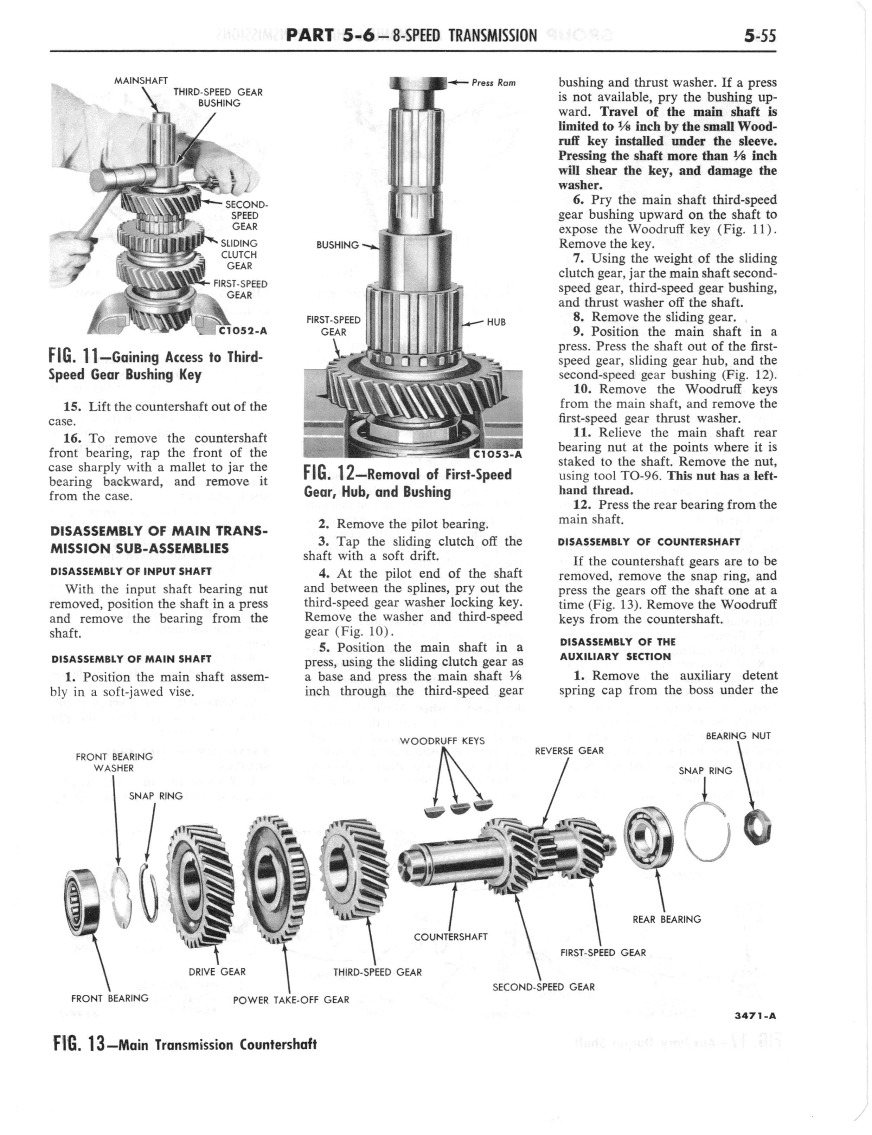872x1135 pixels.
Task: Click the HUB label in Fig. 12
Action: tap(496, 322)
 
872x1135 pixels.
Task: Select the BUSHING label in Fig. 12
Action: tap(338, 245)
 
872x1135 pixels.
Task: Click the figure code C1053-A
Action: tap(498, 454)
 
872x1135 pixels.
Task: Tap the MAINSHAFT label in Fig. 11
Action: tap(141, 80)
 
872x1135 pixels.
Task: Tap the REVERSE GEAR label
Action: tap(569, 750)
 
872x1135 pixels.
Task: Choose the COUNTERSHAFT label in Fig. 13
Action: tap(450, 936)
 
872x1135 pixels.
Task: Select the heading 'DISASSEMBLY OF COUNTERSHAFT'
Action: tap(649, 542)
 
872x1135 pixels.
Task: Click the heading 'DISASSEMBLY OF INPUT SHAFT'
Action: tap(131, 571)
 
